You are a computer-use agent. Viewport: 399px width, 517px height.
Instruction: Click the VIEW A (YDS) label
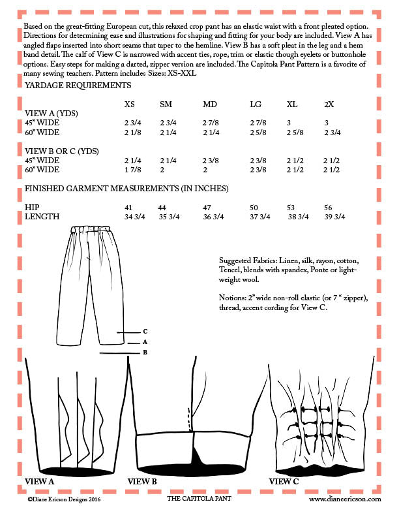tap(51, 113)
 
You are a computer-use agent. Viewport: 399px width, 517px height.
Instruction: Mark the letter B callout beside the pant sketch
tap(145, 352)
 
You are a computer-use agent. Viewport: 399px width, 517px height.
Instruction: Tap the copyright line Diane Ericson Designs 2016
tap(65, 498)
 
